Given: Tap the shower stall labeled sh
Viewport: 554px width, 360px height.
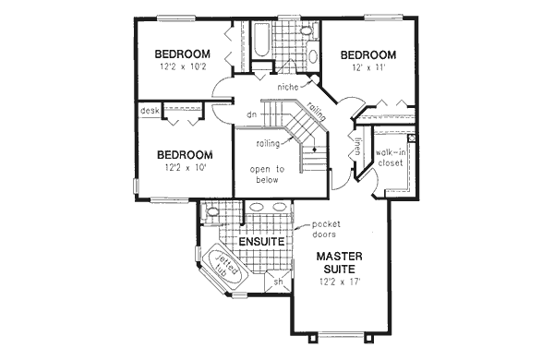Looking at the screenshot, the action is (279, 281).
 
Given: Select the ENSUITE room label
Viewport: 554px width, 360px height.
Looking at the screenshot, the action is (261, 242).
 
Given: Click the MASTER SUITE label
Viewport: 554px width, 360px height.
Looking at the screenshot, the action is (339, 262).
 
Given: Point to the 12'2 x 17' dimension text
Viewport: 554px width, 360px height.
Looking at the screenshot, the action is (340, 282).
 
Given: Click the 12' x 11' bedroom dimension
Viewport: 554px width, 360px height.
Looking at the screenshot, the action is (367, 67).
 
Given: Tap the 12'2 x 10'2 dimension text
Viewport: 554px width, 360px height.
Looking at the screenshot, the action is (183, 66).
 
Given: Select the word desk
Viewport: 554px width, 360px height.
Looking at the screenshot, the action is (150, 111).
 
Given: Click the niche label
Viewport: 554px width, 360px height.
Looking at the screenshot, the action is (287, 87).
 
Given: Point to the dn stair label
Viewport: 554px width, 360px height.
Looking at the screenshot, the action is (251, 114).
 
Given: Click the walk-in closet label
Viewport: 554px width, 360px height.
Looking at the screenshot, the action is (390, 158).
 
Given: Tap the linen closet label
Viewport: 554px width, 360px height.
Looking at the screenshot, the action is (356, 146).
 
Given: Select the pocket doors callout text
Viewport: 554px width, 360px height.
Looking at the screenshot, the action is (326, 229).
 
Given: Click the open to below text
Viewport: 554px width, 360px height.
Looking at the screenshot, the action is (267, 174).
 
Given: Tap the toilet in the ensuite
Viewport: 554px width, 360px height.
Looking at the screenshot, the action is (211, 212).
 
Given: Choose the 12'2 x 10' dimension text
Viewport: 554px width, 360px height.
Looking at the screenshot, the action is (185, 167).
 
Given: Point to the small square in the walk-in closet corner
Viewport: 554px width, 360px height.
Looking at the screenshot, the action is (412, 138).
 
